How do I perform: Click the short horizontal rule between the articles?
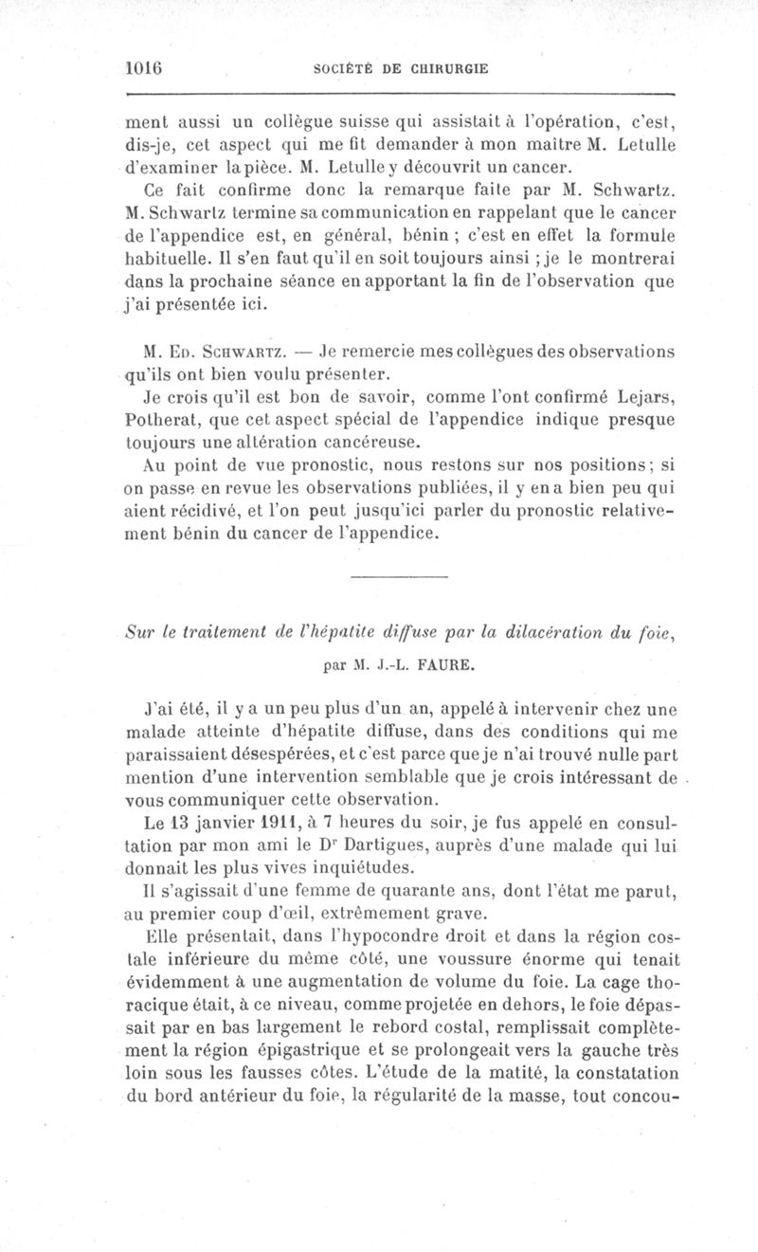[x=398, y=577]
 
